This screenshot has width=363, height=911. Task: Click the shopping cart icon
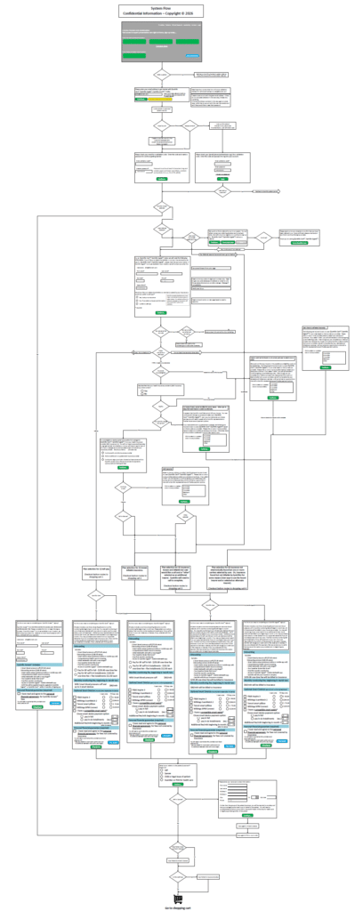click(x=181, y=896)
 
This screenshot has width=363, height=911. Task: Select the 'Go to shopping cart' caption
click(x=181, y=906)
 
